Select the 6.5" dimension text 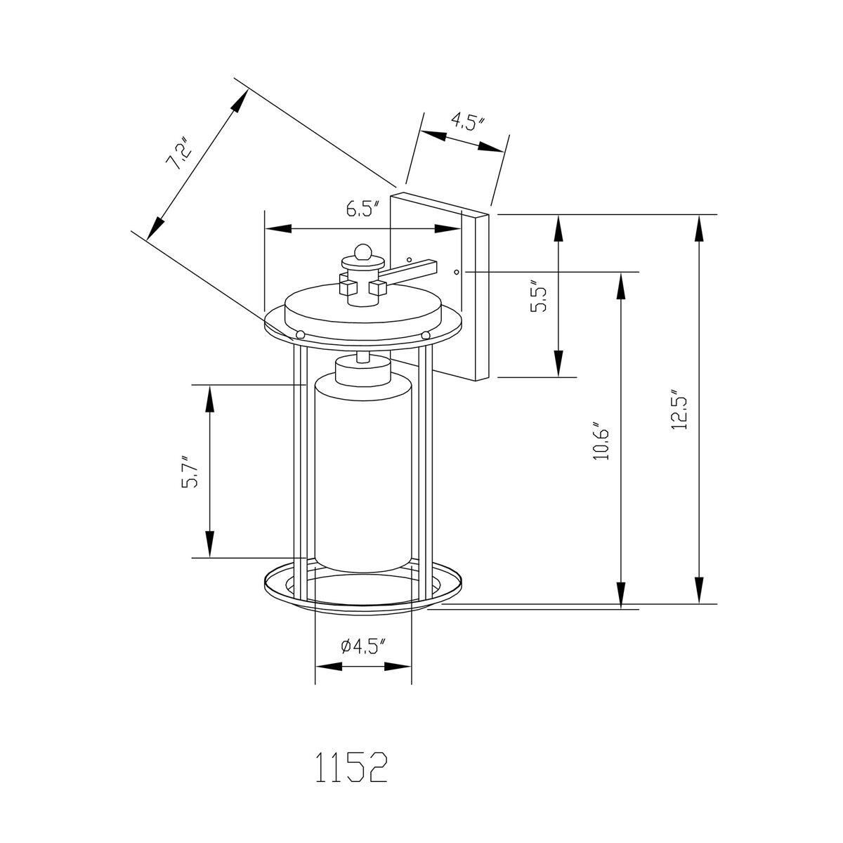362,209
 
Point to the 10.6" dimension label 600,442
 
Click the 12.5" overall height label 679,410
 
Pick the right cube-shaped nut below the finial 379,287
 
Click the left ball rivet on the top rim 300,334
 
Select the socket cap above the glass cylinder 362,370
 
